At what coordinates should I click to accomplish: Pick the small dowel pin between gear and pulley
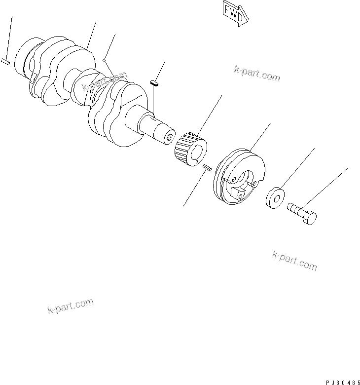coord(207,168)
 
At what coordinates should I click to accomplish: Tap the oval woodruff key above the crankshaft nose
coord(154,83)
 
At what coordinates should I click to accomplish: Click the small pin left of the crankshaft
coord(5,62)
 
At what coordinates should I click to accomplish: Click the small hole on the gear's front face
coord(198,159)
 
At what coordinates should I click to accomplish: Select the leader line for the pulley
coord(261,136)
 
